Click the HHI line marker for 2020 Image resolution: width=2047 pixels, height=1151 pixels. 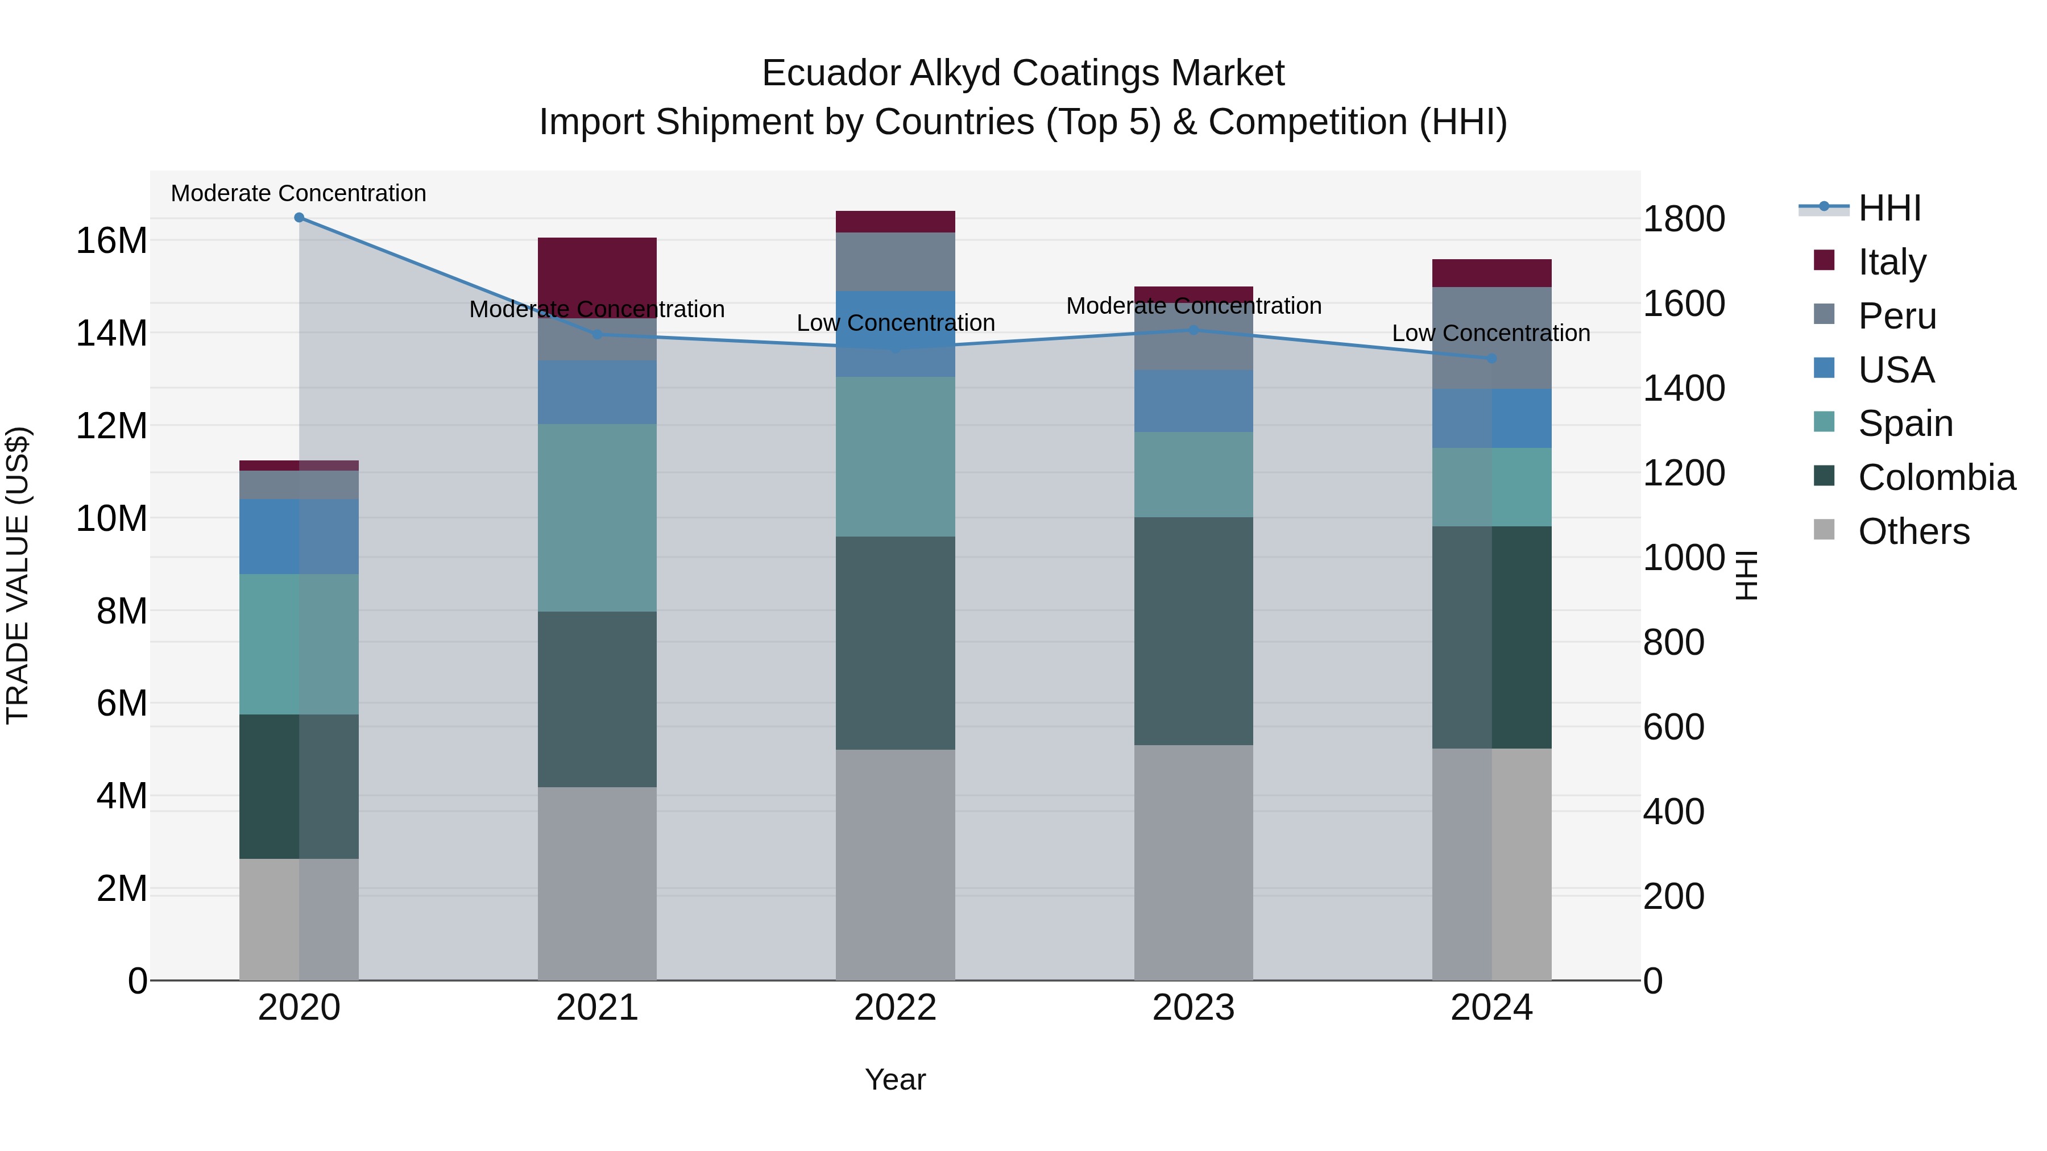pyautogui.click(x=299, y=218)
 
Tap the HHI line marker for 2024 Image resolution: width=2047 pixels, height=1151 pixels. pyautogui.click(x=1491, y=358)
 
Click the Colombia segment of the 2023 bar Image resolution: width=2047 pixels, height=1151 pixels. pyautogui.click(x=1193, y=631)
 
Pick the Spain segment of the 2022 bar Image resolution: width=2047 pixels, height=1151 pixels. pyautogui.click(x=895, y=457)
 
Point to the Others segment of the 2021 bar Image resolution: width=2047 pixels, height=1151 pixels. pyautogui.click(x=597, y=883)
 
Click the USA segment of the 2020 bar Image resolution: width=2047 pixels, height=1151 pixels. pyautogui.click(x=299, y=536)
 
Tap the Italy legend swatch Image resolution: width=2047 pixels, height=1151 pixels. pyautogui.click(x=1825, y=260)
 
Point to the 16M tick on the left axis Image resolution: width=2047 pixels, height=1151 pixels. pyautogui.click(x=111, y=240)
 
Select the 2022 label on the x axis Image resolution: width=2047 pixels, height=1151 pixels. pyautogui.click(x=895, y=1007)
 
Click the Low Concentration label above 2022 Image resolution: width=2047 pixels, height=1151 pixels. pyautogui.click(x=896, y=323)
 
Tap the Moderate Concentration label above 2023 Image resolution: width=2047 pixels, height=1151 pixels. pyautogui.click(x=1194, y=306)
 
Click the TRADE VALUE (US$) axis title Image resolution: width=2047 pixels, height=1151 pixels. pyautogui.click(x=18, y=575)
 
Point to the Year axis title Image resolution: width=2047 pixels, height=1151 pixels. pyautogui.click(x=895, y=1079)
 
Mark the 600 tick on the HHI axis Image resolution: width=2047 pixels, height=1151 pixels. pyautogui.click(x=1673, y=727)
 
